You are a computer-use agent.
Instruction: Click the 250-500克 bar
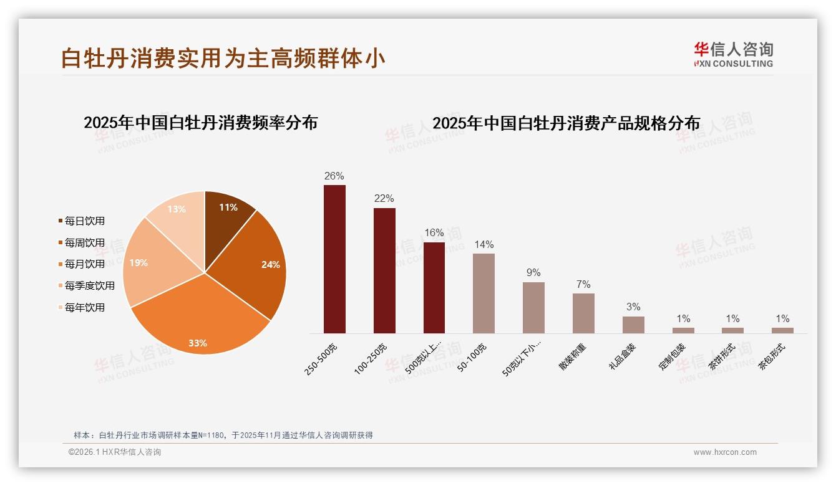click(334, 259)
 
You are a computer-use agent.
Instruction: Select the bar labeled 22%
click(384, 270)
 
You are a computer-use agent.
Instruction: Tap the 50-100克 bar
click(484, 293)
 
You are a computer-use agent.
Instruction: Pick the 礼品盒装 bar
click(633, 325)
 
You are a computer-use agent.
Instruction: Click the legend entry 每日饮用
click(84, 221)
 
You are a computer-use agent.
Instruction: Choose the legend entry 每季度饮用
click(89, 285)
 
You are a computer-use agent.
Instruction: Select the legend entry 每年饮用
click(84, 307)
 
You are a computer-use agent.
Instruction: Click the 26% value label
click(334, 176)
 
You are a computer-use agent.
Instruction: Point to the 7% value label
click(583, 285)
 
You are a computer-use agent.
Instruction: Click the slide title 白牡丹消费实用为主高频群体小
click(223, 58)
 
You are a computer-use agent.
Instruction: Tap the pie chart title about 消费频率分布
click(200, 123)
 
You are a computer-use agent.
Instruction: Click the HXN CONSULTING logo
click(734, 55)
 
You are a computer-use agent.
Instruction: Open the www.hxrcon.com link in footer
click(725, 452)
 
